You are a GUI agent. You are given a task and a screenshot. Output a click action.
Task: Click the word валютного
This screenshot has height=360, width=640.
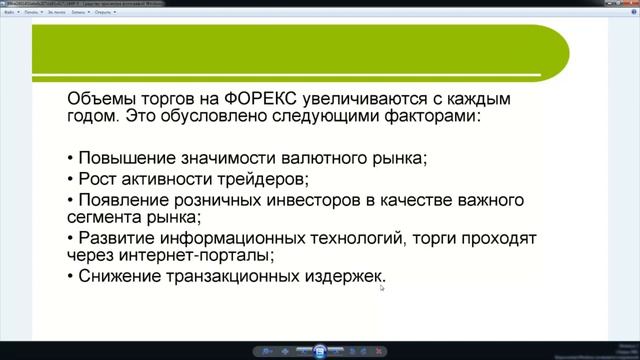[329, 158]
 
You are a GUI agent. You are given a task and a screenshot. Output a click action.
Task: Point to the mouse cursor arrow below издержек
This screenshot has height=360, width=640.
[382, 288]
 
